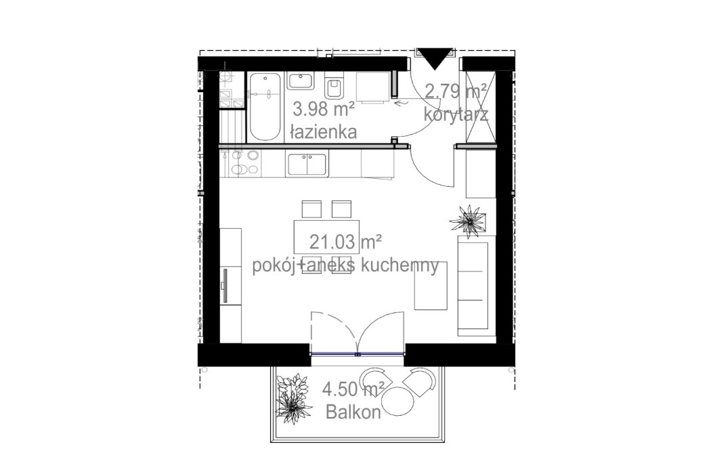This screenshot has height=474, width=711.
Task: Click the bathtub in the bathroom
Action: [x=264, y=107]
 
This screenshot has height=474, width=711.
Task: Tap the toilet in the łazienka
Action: [x=335, y=88]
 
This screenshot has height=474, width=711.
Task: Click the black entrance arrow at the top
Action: [x=435, y=58]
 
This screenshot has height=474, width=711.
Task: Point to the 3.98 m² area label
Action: [x=323, y=109]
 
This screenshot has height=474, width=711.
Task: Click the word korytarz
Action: [x=456, y=114]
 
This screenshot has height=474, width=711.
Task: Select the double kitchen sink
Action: [x=307, y=164]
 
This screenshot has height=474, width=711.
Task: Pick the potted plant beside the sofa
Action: [x=468, y=221]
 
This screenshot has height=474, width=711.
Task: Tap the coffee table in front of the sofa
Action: [x=431, y=286]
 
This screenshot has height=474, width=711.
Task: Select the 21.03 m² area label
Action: [x=345, y=242]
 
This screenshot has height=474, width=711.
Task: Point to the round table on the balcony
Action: [x=397, y=401]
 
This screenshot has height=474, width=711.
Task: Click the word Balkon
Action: [x=353, y=412]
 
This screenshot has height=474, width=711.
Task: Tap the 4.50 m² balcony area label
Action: [x=353, y=389]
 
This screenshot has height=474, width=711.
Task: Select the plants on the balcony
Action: [x=293, y=395]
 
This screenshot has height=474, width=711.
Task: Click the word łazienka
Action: [x=323, y=132]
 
